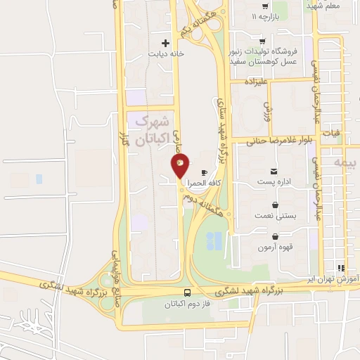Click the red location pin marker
180,166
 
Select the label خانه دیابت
166,53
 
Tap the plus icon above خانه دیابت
166,42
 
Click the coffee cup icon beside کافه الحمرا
204,173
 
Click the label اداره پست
274,182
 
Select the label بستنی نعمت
274,216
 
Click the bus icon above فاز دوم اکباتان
187,292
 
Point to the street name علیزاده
257,82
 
